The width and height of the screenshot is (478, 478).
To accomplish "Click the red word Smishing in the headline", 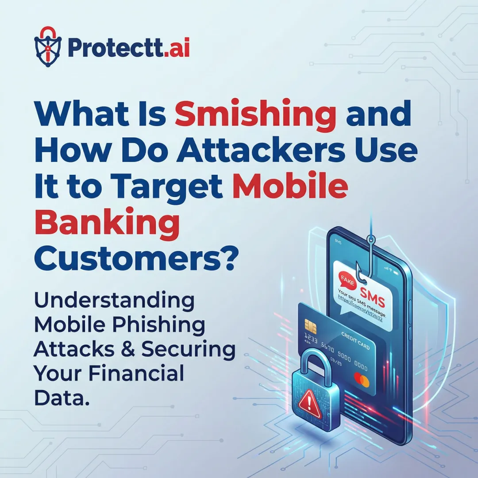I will tap(255, 114).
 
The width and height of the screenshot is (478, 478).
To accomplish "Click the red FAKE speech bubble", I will tap(345, 282).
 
